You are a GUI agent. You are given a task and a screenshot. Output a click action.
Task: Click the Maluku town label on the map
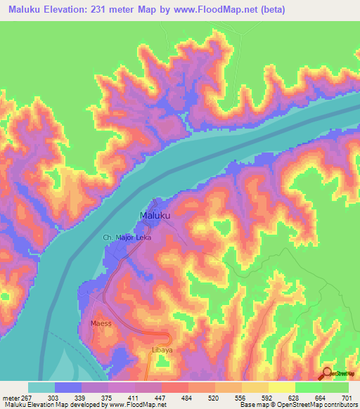[x=155, y=215]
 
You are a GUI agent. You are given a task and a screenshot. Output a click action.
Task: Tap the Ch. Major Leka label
[x=127, y=238]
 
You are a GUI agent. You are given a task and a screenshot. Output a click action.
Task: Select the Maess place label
[x=101, y=324]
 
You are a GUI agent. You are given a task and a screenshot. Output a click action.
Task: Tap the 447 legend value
[x=162, y=397]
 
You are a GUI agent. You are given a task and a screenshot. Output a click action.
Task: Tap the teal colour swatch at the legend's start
[x=41, y=387]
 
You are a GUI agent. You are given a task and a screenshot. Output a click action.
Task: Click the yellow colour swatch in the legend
[x=282, y=387]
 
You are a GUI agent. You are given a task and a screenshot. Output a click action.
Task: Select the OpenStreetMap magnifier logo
[x=328, y=374]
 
